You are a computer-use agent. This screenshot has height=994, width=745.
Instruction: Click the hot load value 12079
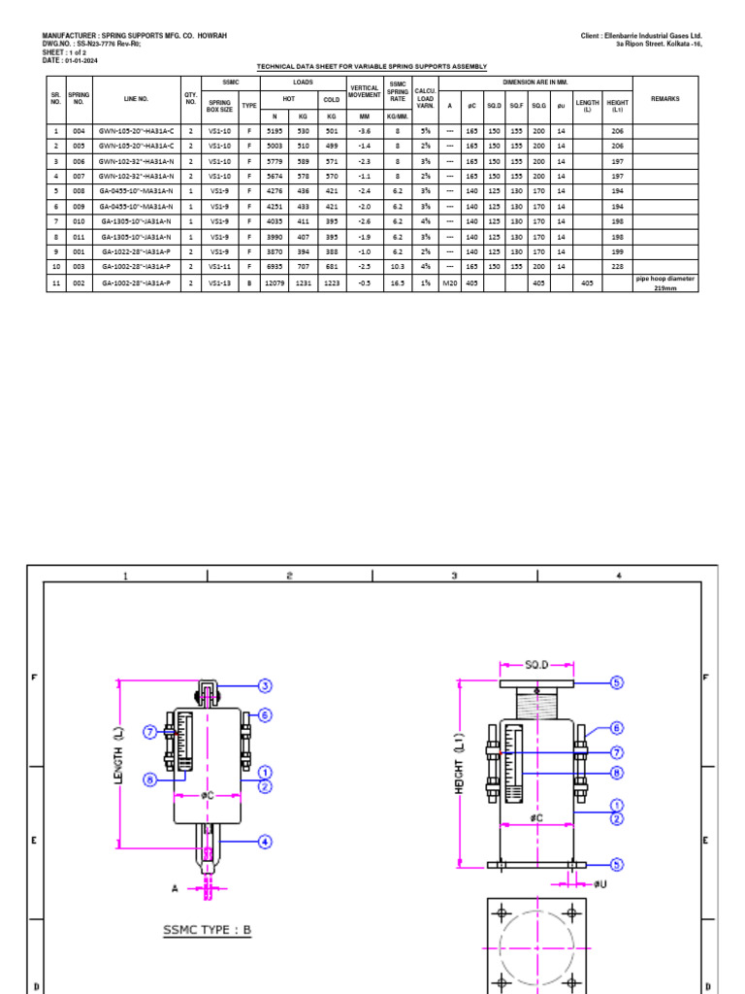click(x=275, y=283)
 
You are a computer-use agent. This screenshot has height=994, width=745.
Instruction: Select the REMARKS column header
click(x=664, y=99)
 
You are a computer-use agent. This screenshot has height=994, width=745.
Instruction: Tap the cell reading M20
click(x=449, y=283)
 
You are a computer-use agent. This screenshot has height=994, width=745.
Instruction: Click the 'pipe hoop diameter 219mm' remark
click(x=664, y=283)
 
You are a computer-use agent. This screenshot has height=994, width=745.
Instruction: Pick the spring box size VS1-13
click(x=220, y=283)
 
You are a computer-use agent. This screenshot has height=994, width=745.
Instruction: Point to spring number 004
click(x=79, y=130)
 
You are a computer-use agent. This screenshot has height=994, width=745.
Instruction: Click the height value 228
click(x=616, y=266)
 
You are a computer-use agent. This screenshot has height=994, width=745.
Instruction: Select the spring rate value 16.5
click(x=398, y=283)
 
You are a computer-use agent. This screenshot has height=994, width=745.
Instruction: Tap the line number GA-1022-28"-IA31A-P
click(x=136, y=250)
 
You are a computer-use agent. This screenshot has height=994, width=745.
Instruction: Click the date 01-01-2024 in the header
click(x=83, y=60)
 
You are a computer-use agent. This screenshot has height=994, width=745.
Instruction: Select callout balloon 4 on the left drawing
click(x=264, y=843)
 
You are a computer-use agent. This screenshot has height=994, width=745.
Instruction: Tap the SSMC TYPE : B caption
click(x=206, y=930)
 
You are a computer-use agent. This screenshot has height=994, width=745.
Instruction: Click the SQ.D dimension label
click(x=536, y=665)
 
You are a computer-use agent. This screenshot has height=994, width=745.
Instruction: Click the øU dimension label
click(x=600, y=883)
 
